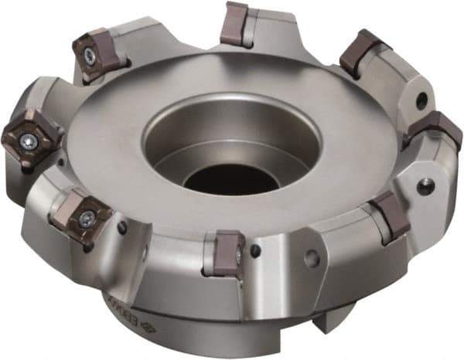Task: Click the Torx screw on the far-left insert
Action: point(29,141)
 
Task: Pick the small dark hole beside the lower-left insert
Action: point(122,227)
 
